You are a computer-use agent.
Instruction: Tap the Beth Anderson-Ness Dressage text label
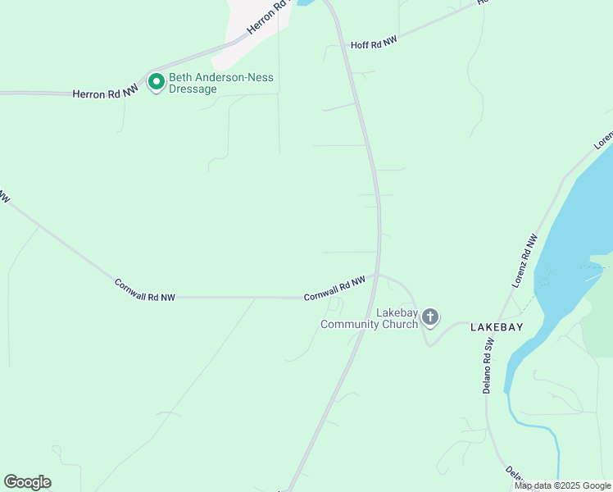(220, 84)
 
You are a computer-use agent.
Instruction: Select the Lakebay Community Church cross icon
(431, 317)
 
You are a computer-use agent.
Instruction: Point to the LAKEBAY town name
(497, 326)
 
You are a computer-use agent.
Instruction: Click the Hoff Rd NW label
(375, 43)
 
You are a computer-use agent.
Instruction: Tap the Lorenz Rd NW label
(525, 260)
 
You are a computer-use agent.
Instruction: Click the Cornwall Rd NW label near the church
(334, 289)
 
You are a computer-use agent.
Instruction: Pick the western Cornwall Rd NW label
(145, 290)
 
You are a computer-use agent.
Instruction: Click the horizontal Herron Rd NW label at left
(105, 94)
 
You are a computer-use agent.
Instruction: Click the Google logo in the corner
(27, 482)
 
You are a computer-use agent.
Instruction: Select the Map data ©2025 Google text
(564, 485)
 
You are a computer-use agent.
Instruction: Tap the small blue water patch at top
(305, 3)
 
